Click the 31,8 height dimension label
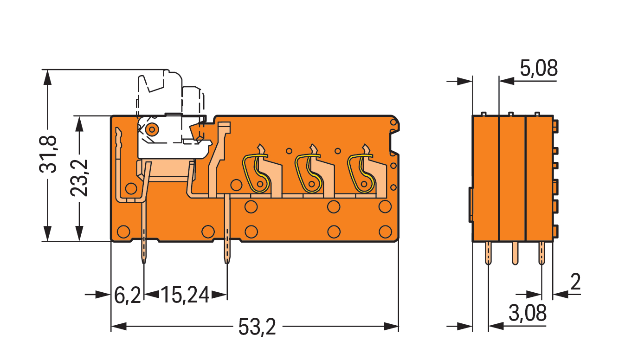coord(47,154)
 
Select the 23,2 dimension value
coord(79,178)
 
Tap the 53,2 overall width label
coord(257,327)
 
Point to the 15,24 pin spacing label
coord(185,295)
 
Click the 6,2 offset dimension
coord(128,295)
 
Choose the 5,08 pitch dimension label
coord(539,68)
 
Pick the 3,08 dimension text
coord(528,313)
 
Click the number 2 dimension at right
coord(575,282)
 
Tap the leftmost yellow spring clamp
coord(256,174)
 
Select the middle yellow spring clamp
coord(308,174)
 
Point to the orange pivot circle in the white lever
coord(152,129)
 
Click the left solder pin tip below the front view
coord(144,262)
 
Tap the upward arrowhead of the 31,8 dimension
coord(47,77)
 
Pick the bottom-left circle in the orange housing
coord(123,231)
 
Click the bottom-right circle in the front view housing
coord(385,231)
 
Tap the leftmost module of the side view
coord(485,179)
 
